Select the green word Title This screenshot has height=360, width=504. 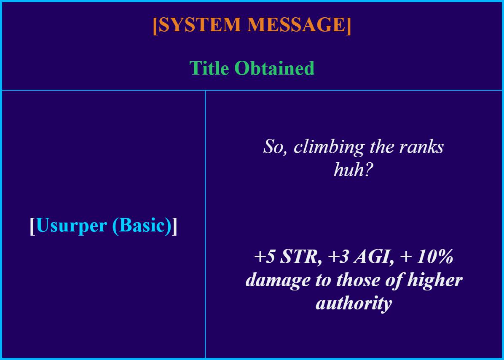(209, 68)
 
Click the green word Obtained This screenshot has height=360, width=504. (274, 68)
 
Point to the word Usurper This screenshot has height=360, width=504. (72, 226)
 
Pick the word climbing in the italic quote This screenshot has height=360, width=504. (329, 147)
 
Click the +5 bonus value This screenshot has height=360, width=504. (265, 257)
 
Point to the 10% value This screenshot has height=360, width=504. (435, 257)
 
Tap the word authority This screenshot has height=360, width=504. (354, 303)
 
